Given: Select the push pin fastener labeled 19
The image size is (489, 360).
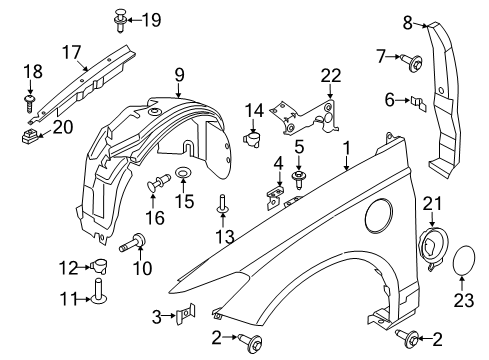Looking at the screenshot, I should [x=119, y=16].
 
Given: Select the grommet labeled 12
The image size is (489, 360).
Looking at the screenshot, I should [x=101, y=264].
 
